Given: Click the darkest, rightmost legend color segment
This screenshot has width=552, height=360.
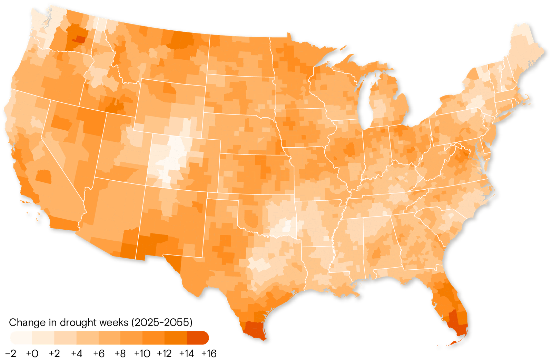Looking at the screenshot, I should [198, 338].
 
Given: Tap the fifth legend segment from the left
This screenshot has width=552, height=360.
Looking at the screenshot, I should [109, 338].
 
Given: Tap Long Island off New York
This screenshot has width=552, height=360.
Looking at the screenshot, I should [506, 113].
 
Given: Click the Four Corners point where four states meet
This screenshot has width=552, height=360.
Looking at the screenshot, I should [146, 186].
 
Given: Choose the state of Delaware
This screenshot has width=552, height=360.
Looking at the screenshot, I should [487, 148].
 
